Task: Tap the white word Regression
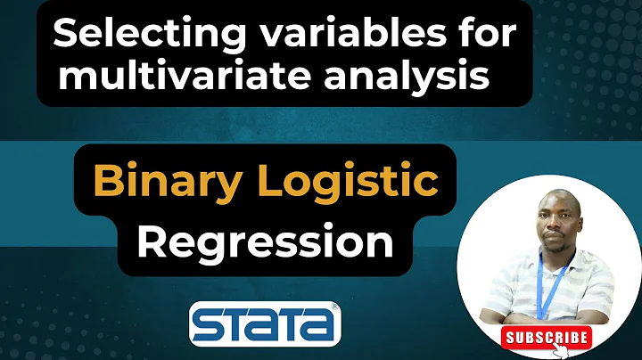(x=266, y=241)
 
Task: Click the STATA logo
(x=265, y=324)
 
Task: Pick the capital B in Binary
(x=106, y=183)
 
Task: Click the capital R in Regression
(x=154, y=241)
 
